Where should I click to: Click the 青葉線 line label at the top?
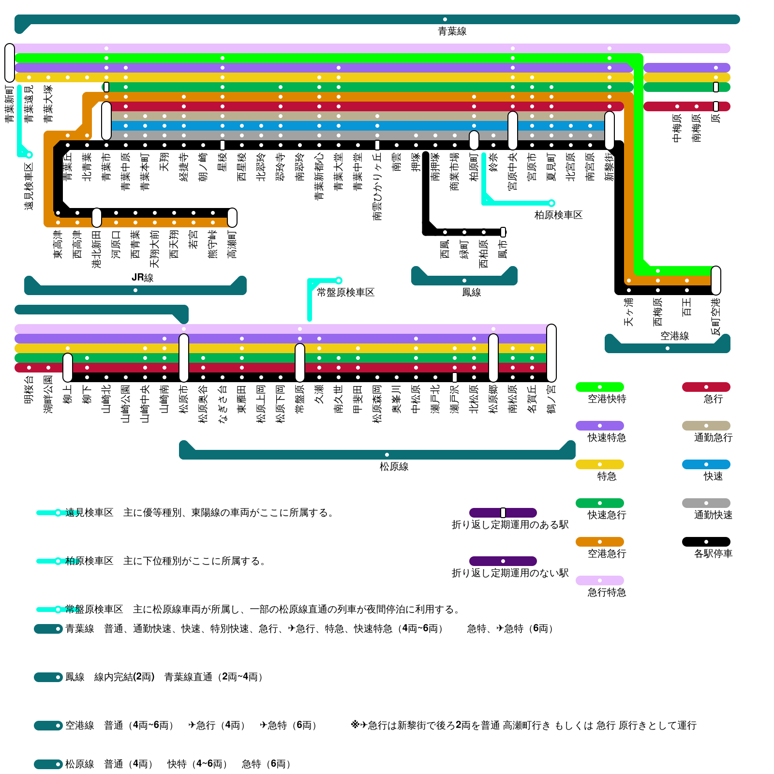pos(452,31)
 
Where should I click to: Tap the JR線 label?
pos(142,278)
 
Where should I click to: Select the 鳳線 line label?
pos(471,292)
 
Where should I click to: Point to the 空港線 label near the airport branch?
pos(674,336)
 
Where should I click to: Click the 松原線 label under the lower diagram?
pos(394,466)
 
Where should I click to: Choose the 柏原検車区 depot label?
pos(558,215)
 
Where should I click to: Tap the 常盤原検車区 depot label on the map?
pos(345,292)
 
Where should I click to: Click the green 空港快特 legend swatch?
pos(599,387)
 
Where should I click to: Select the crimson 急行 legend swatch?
pos(706,387)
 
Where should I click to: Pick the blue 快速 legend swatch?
pos(706,464)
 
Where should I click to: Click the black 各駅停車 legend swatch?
pos(706,542)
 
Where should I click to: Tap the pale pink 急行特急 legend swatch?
pos(599,580)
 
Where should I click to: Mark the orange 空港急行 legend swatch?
pos(599,542)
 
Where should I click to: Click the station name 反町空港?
pos(716,316)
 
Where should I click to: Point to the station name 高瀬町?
pos(232,244)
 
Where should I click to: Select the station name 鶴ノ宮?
pos(551,399)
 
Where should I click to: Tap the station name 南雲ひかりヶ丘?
pos(377,186)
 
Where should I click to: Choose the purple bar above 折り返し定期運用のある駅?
pos(503,513)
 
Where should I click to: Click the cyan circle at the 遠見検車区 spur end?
pos(29,155)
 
